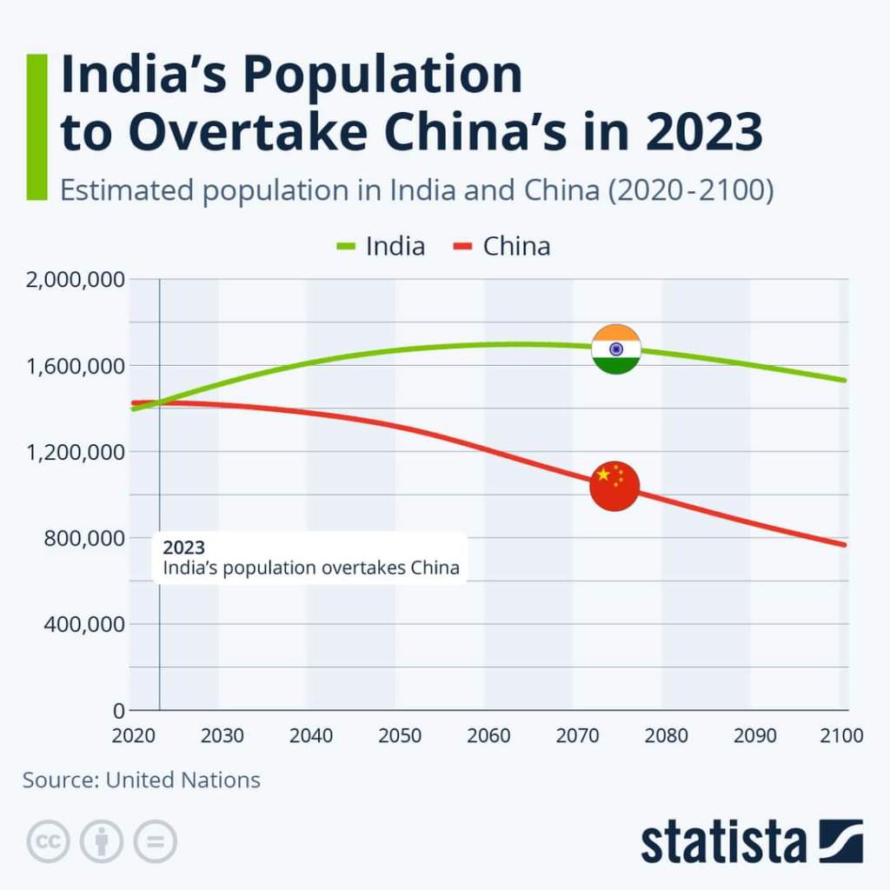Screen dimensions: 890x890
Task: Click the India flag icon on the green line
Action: coord(616,349)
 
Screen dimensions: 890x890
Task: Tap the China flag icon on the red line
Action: coord(614,486)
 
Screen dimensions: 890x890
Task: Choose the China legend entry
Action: coord(502,247)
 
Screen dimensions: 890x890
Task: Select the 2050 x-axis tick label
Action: coord(400,736)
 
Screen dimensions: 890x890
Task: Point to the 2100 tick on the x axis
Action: coord(842,736)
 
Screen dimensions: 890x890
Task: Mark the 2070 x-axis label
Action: coord(578,736)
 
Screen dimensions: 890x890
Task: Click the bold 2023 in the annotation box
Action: coord(184,548)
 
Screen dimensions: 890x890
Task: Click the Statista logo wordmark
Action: coord(724,841)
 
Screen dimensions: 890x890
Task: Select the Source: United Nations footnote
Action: coord(142,780)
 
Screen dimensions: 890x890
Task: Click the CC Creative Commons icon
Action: coord(49,841)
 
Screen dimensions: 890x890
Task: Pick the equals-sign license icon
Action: coord(155,841)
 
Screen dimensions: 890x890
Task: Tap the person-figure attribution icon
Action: coord(102,841)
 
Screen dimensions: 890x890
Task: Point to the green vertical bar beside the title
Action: coord(37,127)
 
